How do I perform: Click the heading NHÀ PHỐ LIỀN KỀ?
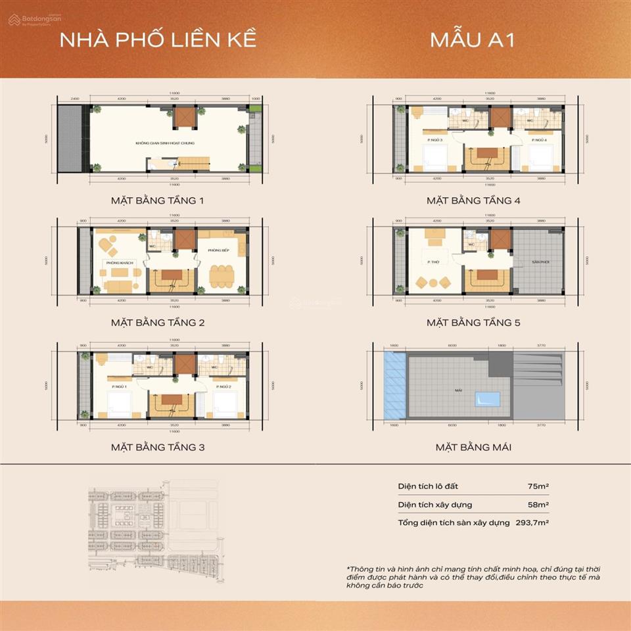pos(158,39)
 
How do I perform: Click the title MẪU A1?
pos(472,39)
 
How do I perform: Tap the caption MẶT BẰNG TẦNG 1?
pos(158,200)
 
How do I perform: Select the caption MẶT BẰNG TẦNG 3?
pos(158,448)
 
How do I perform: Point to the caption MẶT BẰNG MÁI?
pos(473,448)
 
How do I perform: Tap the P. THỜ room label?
pos(432,262)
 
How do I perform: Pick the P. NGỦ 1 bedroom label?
pos(118,386)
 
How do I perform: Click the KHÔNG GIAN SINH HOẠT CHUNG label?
pos(165,143)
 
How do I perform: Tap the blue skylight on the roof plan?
pos(486,399)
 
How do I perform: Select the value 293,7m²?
pos(533,523)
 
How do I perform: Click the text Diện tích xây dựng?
pos(434,505)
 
